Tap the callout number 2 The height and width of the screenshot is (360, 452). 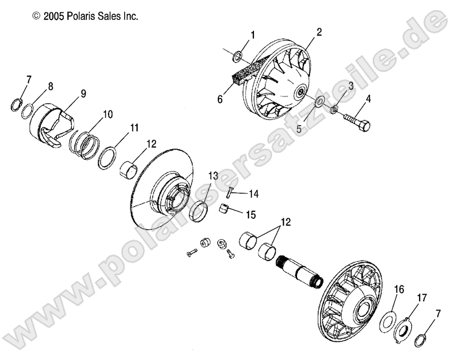pos(319,32)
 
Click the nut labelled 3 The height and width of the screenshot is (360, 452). pos(334,110)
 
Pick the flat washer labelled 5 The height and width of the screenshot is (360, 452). pos(319,102)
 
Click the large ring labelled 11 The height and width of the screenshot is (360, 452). pos(108,158)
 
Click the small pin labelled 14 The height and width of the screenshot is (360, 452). pos(229,192)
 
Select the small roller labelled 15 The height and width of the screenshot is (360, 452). pos(224,209)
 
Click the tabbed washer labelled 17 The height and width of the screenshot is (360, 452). pos(404,330)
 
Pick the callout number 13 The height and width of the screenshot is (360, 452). pos(213,176)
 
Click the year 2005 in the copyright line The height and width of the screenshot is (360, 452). pos(53,16)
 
